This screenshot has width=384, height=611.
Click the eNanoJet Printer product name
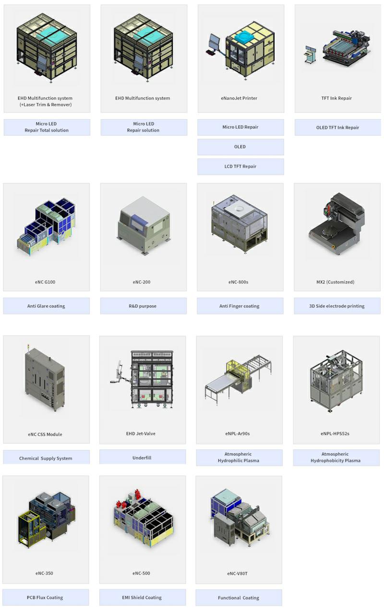[239, 98]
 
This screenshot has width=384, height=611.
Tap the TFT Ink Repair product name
[336, 98]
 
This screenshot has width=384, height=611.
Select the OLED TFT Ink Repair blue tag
[337, 127]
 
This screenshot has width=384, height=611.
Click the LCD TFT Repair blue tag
[240, 166]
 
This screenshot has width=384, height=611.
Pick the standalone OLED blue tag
[240, 147]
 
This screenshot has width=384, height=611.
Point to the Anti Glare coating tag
[47, 306]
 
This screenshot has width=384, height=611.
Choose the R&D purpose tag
[144, 306]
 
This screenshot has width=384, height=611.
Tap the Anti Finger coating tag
[240, 306]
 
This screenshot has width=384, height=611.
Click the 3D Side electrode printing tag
[337, 306]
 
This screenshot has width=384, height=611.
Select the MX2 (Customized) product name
[336, 282]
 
